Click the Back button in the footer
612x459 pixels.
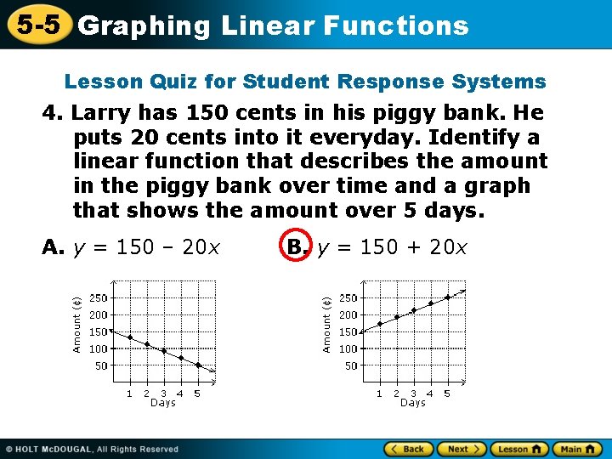[x=409, y=449]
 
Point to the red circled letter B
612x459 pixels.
[x=296, y=247]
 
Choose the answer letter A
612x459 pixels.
[x=52, y=247]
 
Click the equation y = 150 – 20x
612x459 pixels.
[x=146, y=247]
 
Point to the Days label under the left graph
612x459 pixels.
[x=162, y=403]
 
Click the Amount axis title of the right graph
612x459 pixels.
[x=326, y=324]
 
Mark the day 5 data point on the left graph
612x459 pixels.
[x=197, y=365]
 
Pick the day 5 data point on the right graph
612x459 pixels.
[x=447, y=297]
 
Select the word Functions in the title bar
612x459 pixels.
[x=396, y=25]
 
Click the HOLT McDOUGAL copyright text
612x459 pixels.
[x=93, y=449]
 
